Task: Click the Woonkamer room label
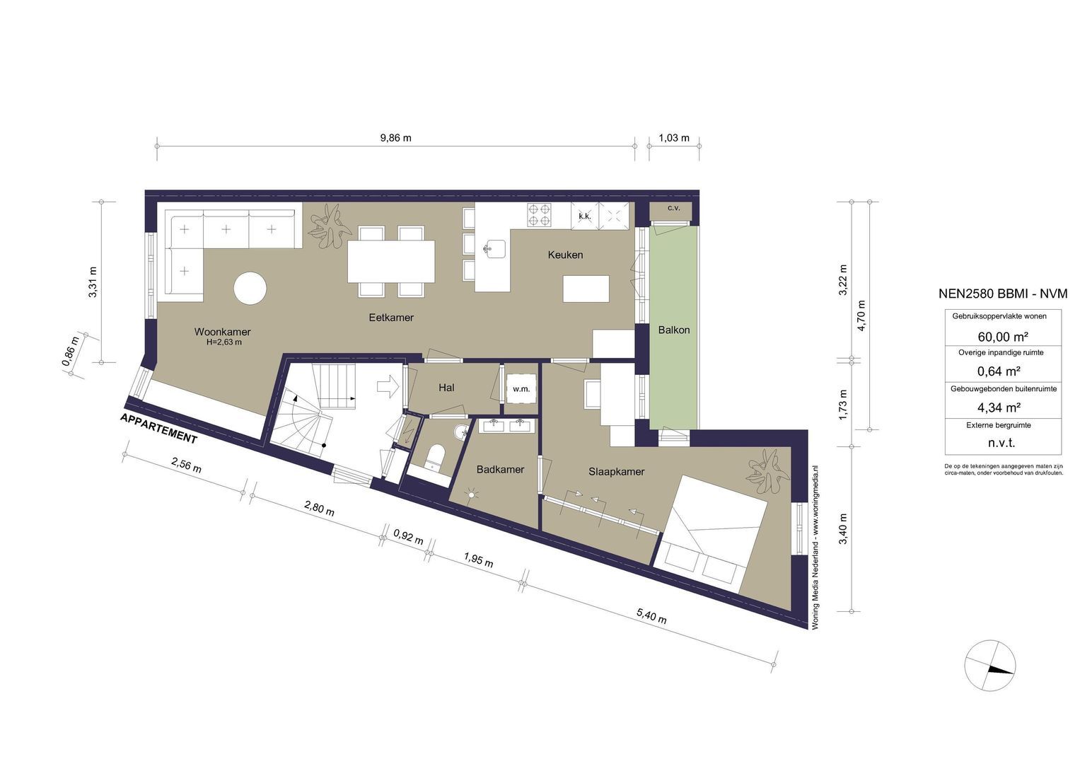click(222, 332)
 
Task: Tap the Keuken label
click(565, 255)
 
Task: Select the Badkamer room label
click(500, 469)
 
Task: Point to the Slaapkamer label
click(616, 472)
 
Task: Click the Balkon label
click(673, 330)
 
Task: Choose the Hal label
click(446, 388)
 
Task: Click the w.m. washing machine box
click(521, 389)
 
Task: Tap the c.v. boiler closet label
click(673, 208)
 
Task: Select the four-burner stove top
click(539, 214)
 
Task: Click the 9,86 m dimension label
click(396, 138)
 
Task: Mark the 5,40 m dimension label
click(651, 616)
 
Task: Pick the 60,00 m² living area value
click(1001, 336)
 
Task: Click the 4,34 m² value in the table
click(999, 407)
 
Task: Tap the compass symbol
click(990, 666)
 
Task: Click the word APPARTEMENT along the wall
click(158, 428)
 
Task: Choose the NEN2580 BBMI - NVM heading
click(1003, 294)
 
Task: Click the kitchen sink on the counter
click(495, 249)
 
